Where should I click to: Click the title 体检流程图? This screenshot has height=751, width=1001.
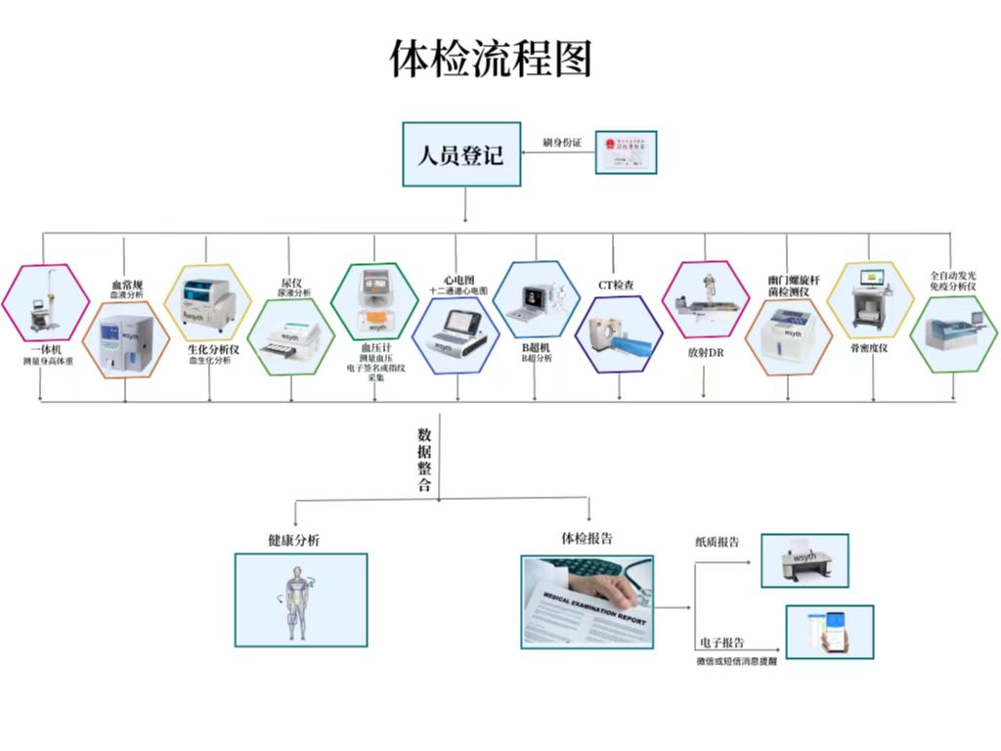pyautogui.click(x=491, y=60)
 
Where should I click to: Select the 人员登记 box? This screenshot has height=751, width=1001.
pyautogui.click(x=461, y=154)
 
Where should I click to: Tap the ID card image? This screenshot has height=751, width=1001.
pyautogui.click(x=626, y=153)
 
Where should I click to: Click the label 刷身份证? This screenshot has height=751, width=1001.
pyautogui.click(x=562, y=143)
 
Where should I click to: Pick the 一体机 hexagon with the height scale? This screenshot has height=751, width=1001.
pyautogui.click(x=43, y=302)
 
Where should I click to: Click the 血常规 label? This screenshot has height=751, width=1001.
pyautogui.click(x=126, y=286)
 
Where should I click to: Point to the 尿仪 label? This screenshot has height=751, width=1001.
pyautogui.click(x=290, y=283)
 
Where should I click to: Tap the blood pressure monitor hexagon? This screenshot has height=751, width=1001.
pyautogui.click(x=374, y=300)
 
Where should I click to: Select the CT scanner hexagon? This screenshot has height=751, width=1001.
pyautogui.click(x=618, y=333)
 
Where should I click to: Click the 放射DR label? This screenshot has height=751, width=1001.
pyautogui.click(x=705, y=351)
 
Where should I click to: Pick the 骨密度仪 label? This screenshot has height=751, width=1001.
pyautogui.click(x=869, y=348)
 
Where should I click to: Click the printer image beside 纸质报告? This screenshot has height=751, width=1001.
pyautogui.click(x=804, y=560)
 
